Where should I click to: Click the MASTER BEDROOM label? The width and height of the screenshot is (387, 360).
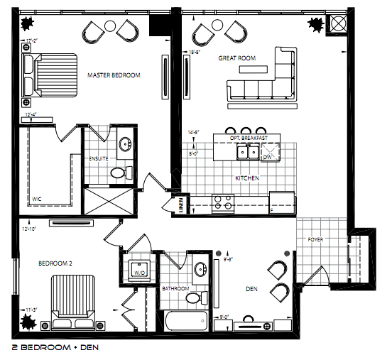click(114, 75)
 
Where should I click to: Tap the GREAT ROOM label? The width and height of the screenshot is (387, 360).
click(237, 58)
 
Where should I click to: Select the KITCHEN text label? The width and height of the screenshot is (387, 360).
click(246, 178)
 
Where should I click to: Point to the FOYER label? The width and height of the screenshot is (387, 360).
click(315, 240)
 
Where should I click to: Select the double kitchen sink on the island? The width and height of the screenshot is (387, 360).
click(247, 151)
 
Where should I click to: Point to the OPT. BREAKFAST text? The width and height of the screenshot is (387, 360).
click(249, 138)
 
